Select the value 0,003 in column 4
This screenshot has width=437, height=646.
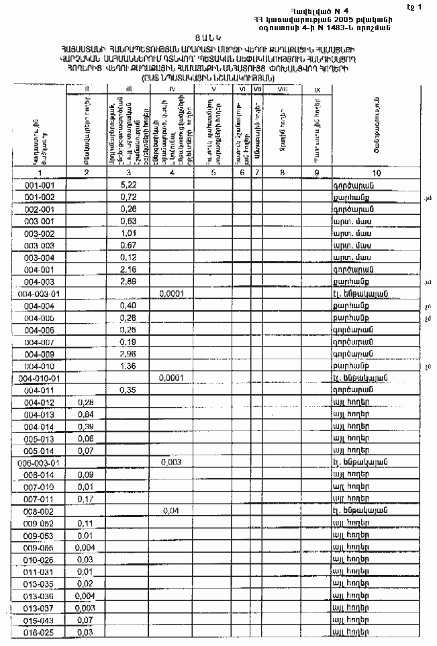point(173,463)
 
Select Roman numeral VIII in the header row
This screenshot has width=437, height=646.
point(282,89)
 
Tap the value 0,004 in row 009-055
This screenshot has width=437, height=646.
point(85,547)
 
